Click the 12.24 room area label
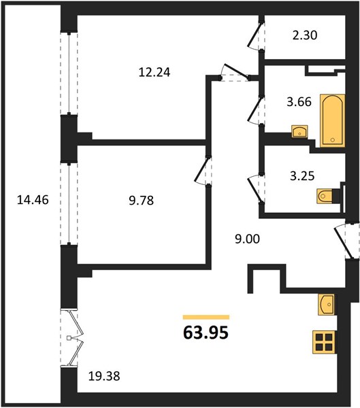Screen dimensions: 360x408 154,72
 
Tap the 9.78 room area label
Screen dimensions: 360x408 141,201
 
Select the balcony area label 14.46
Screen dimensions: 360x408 33,200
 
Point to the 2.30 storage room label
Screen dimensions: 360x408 305,35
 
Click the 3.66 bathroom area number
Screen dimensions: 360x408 299,101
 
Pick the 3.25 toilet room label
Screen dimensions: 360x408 302,176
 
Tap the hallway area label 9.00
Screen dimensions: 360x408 247,239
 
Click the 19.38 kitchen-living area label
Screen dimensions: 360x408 104,376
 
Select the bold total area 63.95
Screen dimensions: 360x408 206,333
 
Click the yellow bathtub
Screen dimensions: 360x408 332,121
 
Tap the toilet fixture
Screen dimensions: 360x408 325,196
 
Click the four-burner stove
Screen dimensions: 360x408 325,342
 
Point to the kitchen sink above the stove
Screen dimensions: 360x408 326,305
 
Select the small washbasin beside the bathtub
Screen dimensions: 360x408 299,131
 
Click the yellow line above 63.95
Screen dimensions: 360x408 206,317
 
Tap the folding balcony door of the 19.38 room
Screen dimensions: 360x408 72,338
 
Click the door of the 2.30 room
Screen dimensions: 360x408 255,36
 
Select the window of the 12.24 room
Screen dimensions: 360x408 69,73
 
